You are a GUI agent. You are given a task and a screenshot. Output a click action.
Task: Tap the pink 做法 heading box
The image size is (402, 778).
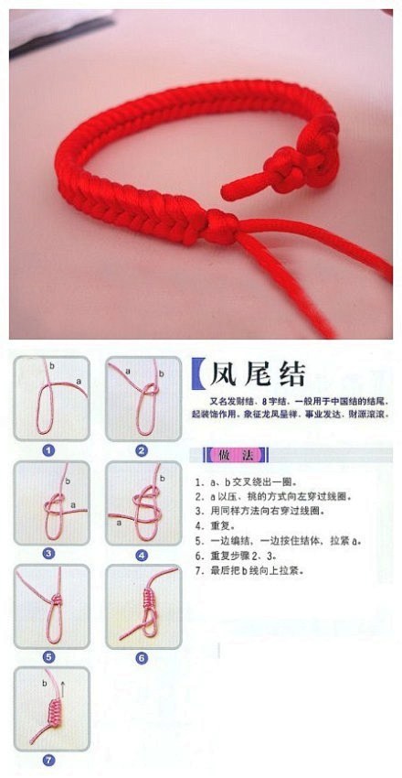(224, 455)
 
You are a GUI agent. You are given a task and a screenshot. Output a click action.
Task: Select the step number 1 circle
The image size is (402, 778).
(48, 449)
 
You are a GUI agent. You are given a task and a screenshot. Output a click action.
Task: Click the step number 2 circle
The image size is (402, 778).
(142, 449)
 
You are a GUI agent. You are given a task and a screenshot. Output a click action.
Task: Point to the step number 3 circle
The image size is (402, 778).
(48, 553)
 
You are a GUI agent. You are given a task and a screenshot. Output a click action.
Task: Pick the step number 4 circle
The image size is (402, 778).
(142, 554)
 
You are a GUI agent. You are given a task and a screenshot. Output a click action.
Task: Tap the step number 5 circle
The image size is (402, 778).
(48, 656)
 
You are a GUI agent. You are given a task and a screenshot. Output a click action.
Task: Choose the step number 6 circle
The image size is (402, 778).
(142, 656)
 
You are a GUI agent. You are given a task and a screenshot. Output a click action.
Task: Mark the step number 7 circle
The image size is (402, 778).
(48, 759)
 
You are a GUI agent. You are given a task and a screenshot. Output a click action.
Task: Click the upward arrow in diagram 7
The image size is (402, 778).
(63, 685)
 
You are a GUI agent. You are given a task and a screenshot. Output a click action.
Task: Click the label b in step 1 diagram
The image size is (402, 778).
(51, 365)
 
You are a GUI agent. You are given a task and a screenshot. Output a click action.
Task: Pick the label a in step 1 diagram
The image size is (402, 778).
(79, 381)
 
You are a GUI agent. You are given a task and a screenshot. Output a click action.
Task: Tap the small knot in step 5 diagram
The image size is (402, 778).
(56, 599)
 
